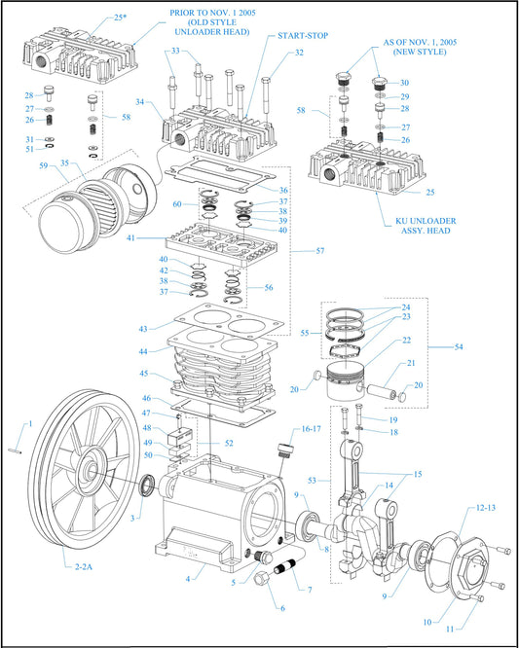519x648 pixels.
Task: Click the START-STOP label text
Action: pyautogui.click(x=303, y=36)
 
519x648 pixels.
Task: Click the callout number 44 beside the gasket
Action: pyautogui.click(x=144, y=350)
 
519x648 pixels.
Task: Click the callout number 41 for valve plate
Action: pyautogui.click(x=143, y=236)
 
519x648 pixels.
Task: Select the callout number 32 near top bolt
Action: pyautogui.click(x=299, y=53)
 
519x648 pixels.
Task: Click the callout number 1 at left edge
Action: pyautogui.click(x=30, y=423)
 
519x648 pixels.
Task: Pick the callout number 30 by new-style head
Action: pyautogui.click(x=404, y=83)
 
